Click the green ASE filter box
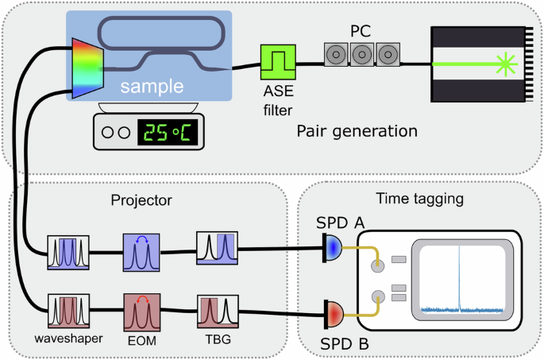click(278, 60)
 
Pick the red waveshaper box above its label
click(68, 311)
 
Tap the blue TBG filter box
click(217, 249)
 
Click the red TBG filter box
click(217, 311)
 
